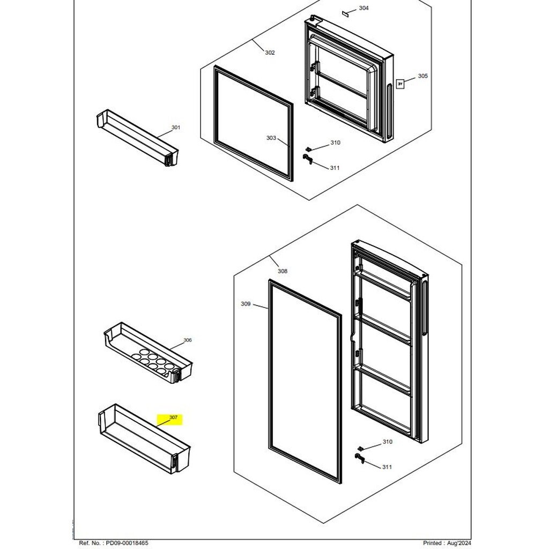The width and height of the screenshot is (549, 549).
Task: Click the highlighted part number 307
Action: click(173, 417)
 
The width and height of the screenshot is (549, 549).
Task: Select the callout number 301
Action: click(176, 128)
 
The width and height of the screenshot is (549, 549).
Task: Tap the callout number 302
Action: click(270, 53)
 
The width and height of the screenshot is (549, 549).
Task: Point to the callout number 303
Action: click(271, 138)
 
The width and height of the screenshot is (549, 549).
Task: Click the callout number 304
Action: click(364, 8)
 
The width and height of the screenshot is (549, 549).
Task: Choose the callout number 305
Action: click(422, 76)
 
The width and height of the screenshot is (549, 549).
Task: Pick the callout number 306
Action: click(188, 340)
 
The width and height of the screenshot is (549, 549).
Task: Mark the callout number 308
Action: click(283, 271)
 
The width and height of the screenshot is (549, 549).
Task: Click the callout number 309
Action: click(246, 304)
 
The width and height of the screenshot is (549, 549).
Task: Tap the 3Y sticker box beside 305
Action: click(400, 84)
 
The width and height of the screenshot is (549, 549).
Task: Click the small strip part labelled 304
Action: click(346, 13)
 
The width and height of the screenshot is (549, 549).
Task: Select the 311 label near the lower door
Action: click(387, 467)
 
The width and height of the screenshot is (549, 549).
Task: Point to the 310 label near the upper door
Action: click(335, 143)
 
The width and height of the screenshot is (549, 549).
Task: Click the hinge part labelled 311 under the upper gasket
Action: click(308, 159)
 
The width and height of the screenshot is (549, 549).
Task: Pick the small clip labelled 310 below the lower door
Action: click(361, 449)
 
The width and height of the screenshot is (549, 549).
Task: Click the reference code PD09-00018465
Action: click(127, 543)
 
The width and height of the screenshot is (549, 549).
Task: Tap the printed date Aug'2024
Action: click(459, 543)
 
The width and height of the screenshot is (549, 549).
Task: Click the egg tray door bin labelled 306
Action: click(148, 353)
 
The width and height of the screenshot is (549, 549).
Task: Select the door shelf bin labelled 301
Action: click(137, 137)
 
